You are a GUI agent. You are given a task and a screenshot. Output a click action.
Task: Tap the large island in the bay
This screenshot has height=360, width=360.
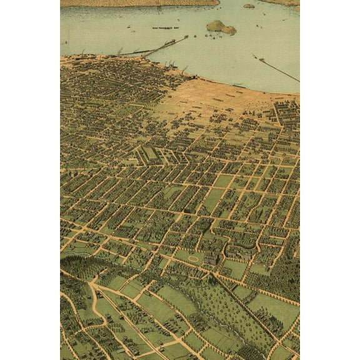221,27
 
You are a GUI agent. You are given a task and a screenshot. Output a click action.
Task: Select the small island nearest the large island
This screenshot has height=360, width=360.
249,6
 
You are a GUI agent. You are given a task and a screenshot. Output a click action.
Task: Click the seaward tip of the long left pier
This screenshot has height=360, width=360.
186,37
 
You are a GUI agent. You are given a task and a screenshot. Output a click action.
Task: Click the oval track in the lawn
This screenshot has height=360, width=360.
193,257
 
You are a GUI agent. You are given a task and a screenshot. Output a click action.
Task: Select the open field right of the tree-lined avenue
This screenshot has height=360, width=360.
275,309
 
